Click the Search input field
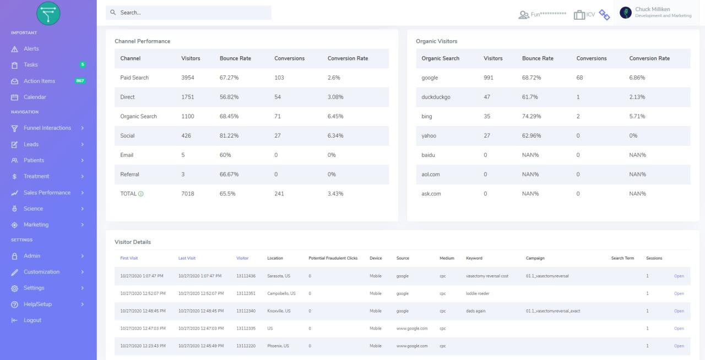[188, 13]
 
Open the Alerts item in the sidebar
[31, 49]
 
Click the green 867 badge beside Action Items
[80, 81]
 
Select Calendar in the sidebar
[34, 97]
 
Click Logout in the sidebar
[32, 320]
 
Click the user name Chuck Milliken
[652, 9]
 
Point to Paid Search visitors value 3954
[188, 78]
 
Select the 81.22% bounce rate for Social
[229, 135]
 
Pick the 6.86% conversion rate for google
[637, 78]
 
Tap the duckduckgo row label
[436, 97]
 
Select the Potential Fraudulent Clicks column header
[333, 258]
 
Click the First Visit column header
[129, 258]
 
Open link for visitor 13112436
[679, 276]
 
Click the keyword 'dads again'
[476, 311]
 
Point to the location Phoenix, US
[278, 346]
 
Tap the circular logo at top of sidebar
[48, 13]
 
